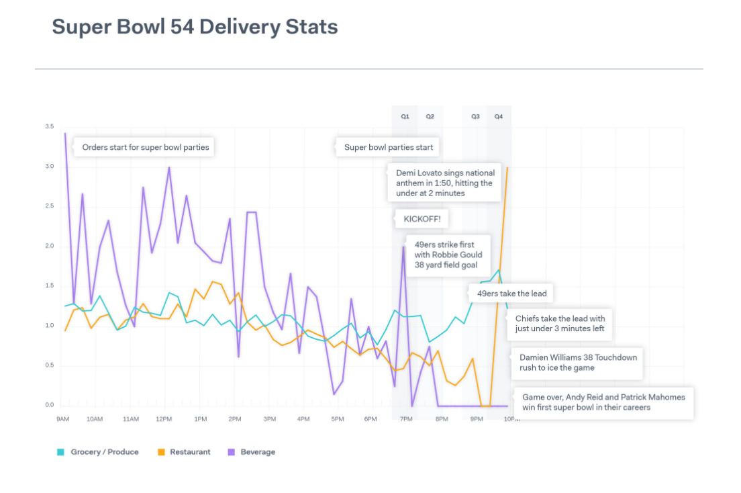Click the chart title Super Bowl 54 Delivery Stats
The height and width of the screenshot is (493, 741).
195,27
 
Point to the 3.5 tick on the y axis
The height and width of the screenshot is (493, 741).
50,126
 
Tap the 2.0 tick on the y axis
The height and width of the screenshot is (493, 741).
50,246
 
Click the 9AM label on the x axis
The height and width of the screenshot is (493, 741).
63,419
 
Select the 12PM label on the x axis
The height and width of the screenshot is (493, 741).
163,419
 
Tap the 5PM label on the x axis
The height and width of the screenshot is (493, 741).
337,419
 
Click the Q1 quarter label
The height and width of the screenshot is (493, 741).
405,116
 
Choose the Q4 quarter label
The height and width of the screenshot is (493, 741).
499,116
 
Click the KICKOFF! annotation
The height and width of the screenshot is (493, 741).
422,219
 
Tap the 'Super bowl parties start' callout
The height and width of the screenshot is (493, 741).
389,147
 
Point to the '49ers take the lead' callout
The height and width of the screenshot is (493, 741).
511,294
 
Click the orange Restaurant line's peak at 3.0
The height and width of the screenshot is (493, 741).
507,168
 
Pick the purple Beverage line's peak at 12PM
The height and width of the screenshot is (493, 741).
169,168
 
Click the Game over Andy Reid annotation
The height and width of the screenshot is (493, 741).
603,402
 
